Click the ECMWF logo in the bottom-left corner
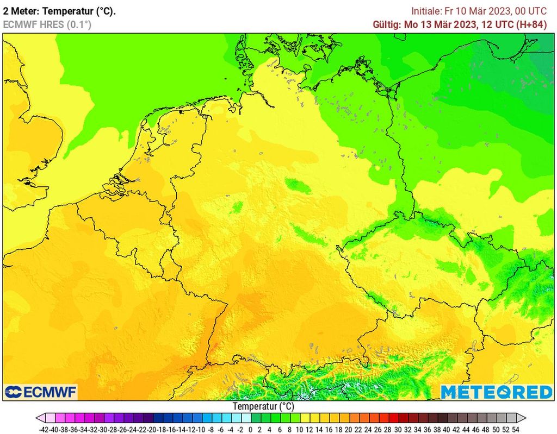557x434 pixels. [41, 392]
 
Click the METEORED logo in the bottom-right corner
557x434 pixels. [496, 392]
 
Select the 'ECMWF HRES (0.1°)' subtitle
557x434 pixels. [47, 24]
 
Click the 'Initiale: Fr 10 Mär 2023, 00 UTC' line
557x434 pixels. [479, 11]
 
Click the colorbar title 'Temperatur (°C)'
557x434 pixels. [263, 406]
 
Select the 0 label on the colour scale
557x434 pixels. [251, 429]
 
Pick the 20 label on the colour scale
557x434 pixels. [348, 429]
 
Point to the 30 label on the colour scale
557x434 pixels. [397, 429]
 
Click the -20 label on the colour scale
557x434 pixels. [153, 429]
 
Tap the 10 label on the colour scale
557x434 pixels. [299, 429]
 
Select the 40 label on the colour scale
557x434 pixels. [446, 429]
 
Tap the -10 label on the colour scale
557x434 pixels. [201, 429]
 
